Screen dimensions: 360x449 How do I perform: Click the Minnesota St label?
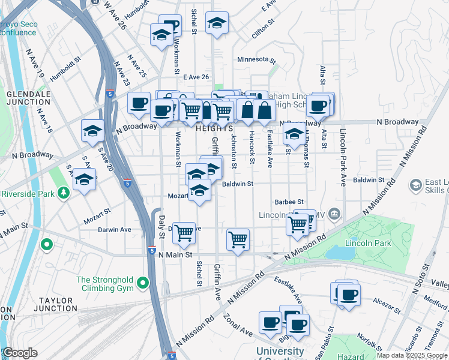(256, 60)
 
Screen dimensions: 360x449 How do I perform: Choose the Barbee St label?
(289, 202)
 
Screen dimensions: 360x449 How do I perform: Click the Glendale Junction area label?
(28, 98)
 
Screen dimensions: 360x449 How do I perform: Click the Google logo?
(19, 353)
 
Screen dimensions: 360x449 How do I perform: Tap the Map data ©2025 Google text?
(412, 355)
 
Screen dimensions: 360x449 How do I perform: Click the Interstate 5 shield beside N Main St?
(152, 250)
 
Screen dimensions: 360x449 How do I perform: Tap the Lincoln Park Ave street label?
(343, 157)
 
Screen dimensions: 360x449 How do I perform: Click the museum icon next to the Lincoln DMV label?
(334, 214)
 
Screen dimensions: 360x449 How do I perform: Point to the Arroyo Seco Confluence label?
(17, 28)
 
